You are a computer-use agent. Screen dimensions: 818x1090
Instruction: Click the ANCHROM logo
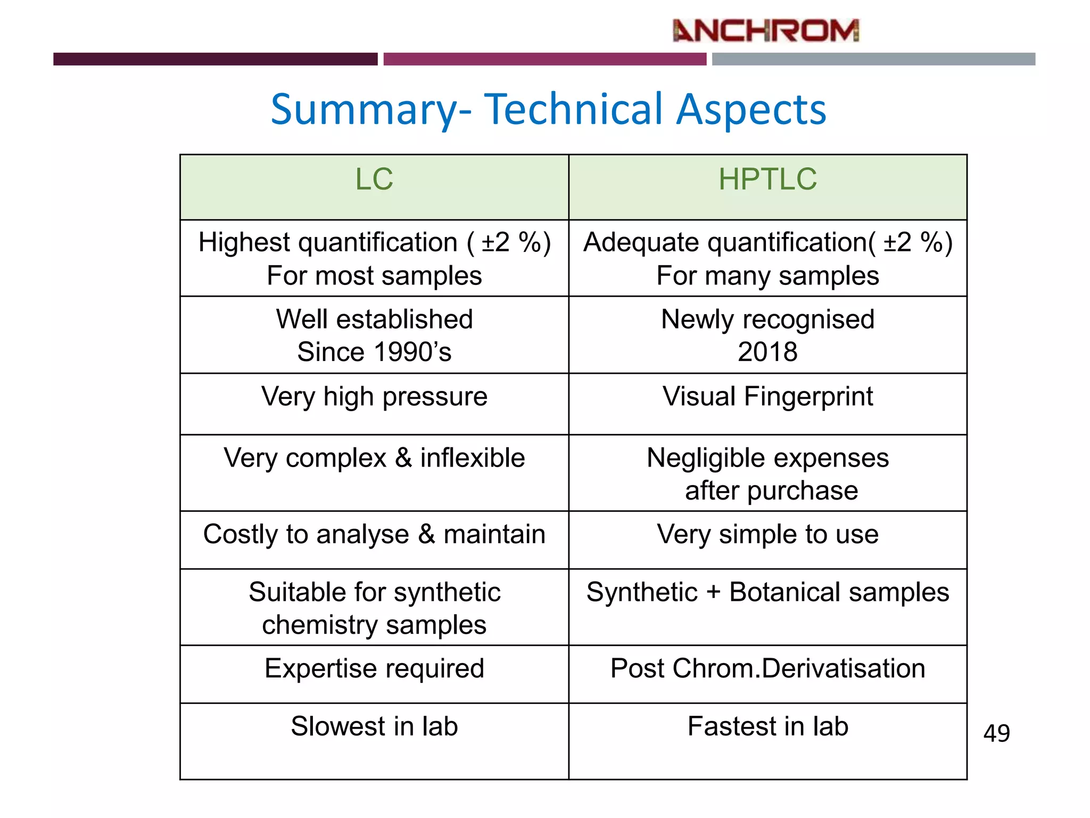(765, 31)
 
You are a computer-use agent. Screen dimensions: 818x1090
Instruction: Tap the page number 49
(996, 733)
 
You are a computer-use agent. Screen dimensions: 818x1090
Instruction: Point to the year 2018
(767, 352)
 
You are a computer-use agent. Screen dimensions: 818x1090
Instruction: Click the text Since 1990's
(374, 352)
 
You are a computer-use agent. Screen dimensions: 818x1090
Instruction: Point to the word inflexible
(472, 458)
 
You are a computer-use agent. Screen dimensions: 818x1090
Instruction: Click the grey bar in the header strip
(873, 59)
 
